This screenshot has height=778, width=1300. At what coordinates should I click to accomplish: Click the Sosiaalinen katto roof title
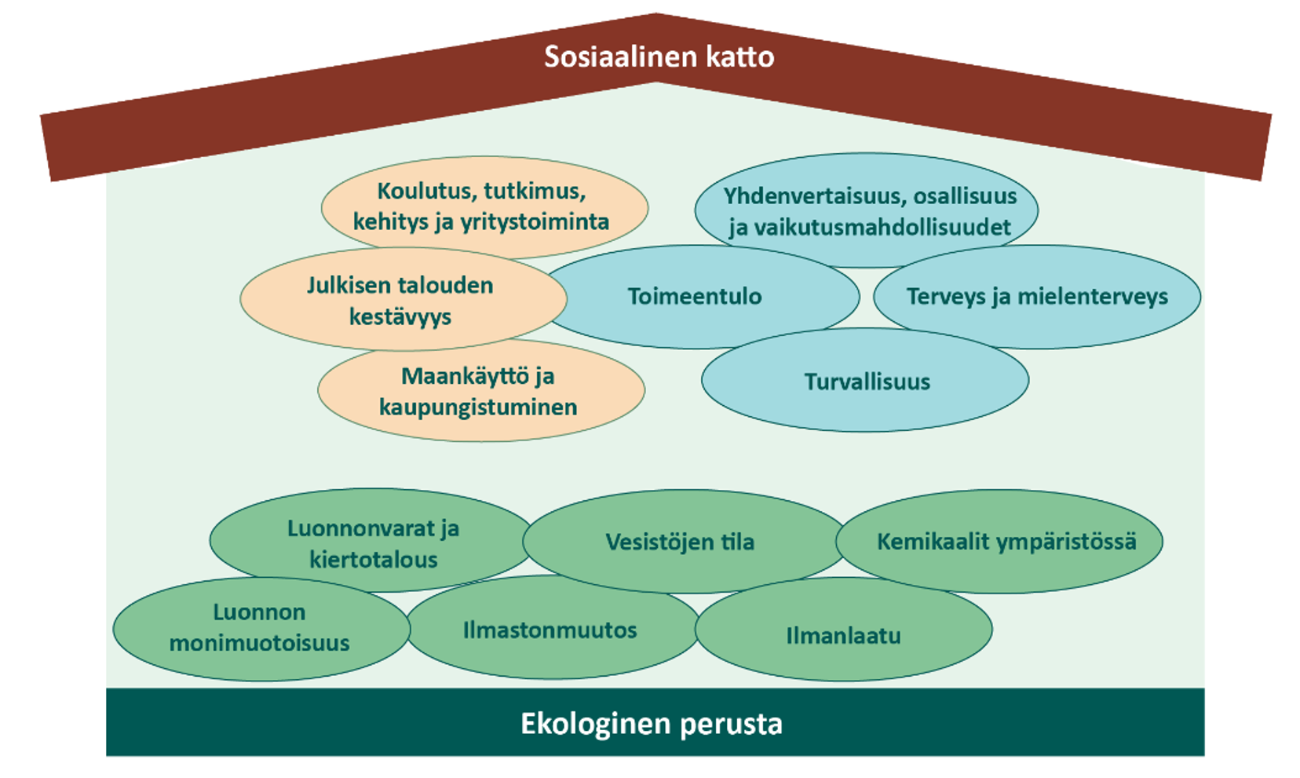659,57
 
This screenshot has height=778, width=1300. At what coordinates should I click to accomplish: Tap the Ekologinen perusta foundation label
651,723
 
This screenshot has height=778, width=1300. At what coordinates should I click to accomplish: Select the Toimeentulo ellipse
695,297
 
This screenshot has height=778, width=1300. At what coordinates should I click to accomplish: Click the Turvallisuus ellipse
867,382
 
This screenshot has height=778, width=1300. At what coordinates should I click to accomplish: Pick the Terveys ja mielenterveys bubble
1036,297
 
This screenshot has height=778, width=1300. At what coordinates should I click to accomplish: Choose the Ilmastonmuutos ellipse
550,630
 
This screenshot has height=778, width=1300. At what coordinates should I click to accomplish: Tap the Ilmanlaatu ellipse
843,635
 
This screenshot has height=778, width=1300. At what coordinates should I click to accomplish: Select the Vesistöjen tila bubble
680,542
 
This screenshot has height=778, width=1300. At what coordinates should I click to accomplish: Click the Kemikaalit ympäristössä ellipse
1006,542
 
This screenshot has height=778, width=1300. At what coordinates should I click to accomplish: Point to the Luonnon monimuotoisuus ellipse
259,628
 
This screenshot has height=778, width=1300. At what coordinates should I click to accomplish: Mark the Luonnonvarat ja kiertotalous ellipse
373,543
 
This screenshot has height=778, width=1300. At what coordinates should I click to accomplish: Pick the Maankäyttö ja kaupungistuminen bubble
478,392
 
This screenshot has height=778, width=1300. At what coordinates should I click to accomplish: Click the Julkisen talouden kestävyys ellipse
400,301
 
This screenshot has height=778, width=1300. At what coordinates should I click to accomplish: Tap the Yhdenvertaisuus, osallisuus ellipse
869,211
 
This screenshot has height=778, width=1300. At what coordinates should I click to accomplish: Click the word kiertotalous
373,560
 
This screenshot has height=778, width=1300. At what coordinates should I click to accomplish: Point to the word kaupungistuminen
478,407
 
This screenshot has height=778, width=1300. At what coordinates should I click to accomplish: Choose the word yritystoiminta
535,222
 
